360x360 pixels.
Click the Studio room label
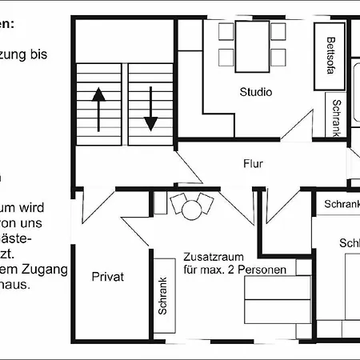pyautogui.click(x=256, y=92)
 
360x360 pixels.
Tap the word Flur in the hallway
pyautogui.click(x=254, y=165)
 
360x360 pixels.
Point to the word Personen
pyautogui.click(x=262, y=270)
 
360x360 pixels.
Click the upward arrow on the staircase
pyautogui.click(x=98, y=108)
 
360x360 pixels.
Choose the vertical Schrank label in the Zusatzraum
pyautogui.click(x=163, y=294)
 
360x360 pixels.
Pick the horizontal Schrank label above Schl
pyautogui.click(x=342, y=204)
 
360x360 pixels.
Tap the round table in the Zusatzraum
pyautogui.click(x=191, y=210)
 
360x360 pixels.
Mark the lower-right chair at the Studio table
pyautogui.click(x=278, y=58)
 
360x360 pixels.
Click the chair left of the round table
pyautogui.click(x=177, y=203)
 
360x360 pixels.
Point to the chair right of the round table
pyautogui.click(x=206, y=203)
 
